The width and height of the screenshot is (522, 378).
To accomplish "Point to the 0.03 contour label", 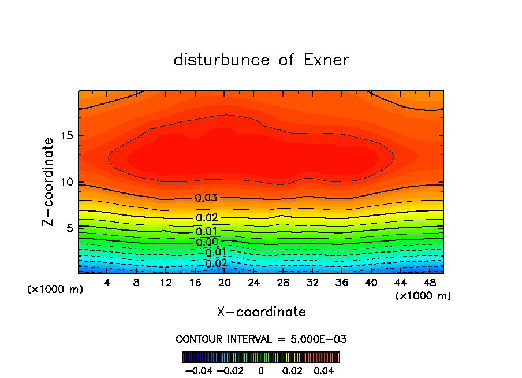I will tap(206, 198).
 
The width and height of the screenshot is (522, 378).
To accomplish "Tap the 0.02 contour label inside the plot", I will tap(206, 218).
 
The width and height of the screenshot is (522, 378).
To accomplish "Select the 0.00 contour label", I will tap(207, 242).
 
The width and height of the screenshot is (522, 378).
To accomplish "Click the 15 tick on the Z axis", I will tap(67, 136).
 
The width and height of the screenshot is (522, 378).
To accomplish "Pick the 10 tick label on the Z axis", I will tap(67, 183).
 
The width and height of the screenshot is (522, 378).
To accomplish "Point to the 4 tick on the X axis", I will tap(107, 283).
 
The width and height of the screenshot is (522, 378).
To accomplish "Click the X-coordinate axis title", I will tap(261, 312).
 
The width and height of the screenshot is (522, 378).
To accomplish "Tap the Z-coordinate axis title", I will tap(49, 181).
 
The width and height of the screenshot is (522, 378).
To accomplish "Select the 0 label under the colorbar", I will tap(261, 369).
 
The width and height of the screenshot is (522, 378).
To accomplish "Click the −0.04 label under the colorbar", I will tap(198, 369).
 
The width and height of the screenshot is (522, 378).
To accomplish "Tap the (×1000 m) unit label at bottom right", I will tap(423, 296).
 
